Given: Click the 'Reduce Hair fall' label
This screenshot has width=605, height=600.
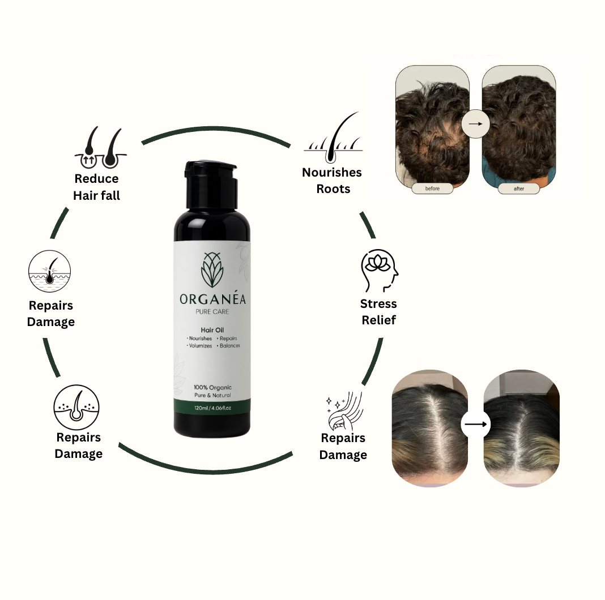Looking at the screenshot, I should [x=96, y=187].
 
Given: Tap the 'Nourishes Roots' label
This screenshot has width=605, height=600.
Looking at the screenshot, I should [x=332, y=181].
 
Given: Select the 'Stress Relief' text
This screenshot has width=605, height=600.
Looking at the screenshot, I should [x=378, y=312].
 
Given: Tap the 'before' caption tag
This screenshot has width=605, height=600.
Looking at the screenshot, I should [x=432, y=188].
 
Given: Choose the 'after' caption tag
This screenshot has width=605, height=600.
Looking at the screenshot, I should [x=519, y=188].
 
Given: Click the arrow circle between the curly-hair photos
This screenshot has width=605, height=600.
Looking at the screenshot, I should [x=475, y=124].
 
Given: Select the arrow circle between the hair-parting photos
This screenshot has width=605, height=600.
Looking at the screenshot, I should [x=475, y=424].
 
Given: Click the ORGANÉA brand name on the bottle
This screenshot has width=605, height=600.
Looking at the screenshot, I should [x=211, y=299].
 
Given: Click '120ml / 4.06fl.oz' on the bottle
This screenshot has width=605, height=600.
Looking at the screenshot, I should [x=212, y=408].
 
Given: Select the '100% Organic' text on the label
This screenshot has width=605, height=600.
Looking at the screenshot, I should [x=212, y=387].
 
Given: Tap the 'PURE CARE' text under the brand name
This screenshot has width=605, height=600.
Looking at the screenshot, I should [x=211, y=311].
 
